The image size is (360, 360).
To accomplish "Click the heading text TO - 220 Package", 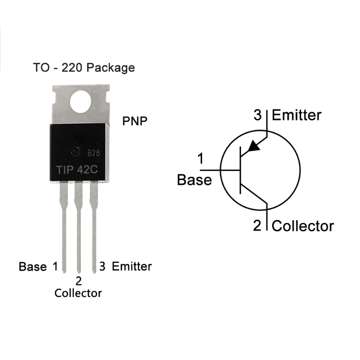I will click(x=84, y=68).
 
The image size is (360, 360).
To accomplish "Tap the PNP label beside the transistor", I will click(x=135, y=121).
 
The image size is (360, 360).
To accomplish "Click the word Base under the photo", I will click(x=32, y=266).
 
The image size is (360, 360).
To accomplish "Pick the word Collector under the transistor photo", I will click(x=78, y=293).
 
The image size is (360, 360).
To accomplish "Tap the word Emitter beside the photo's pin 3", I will click(x=132, y=266).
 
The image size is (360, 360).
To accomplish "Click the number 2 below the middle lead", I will click(x=79, y=281).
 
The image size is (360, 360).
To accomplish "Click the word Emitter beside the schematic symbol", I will click(x=297, y=115).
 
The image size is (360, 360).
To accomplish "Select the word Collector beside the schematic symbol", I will click(x=303, y=225).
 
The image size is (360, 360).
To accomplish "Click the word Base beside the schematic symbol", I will click(x=194, y=180).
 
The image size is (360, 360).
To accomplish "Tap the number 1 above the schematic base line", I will click(x=200, y=159).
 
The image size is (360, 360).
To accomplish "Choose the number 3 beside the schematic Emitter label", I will click(x=257, y=115).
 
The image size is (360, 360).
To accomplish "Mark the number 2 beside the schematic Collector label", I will click(x=257, y=225).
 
